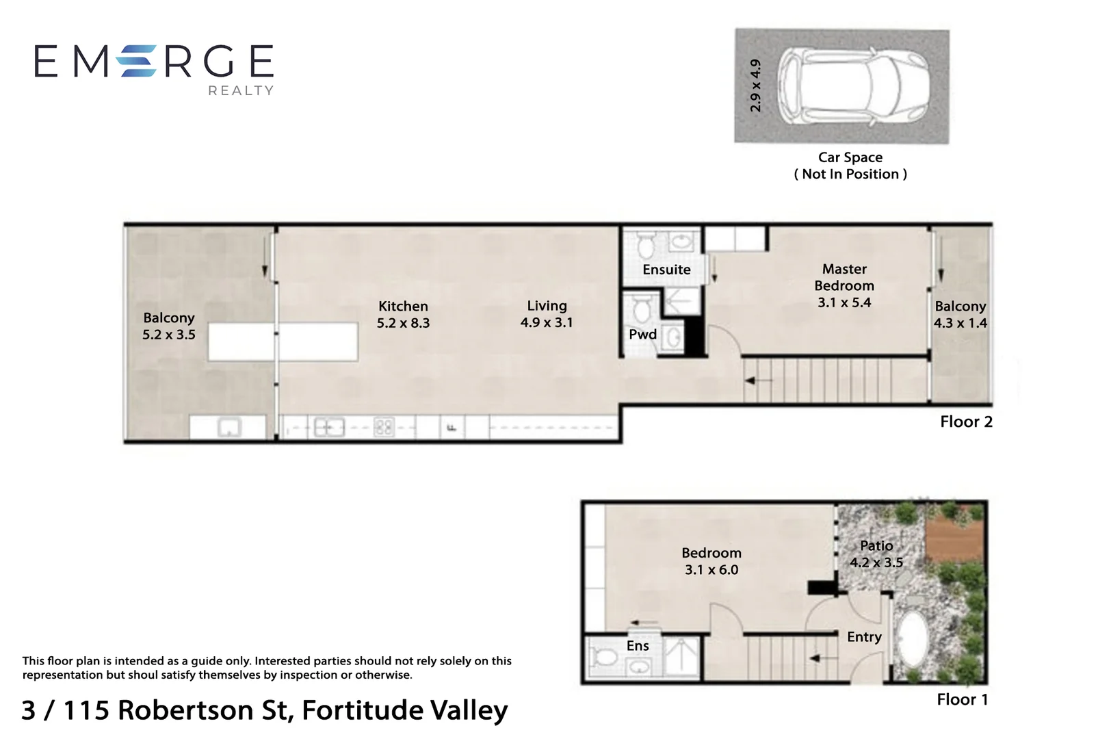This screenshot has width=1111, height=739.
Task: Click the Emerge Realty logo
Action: pyautogui.click(x=154, y=67)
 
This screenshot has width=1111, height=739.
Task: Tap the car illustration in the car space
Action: pyautogui.click(x=856, y=86)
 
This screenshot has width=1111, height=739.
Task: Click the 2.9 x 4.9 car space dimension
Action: pyautogui.click(x=755, y=86)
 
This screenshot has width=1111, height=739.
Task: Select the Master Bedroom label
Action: pyautogui.click(x=844, y=285)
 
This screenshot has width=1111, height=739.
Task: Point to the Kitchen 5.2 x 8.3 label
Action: pyautogui.click(x=403, y=315)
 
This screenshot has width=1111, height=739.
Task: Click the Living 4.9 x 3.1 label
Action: pyautogui.click(x=547, y=314)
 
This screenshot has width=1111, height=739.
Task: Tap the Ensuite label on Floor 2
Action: pyautogui.click(x=666, y=270)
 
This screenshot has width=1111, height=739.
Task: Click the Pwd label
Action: pyautogui.click(x=642, y=335)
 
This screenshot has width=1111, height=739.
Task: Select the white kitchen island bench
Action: pyautogui.click(x=283, y=341)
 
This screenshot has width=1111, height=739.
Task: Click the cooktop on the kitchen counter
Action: pyautogui.click(x=384, y=428)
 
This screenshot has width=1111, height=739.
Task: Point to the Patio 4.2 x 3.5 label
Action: pyautogui.click(x=876, y=554)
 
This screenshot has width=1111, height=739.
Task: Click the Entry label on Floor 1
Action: pyautogui.click(x=864, y=637)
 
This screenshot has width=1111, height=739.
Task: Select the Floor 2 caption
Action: pyautogui.click(x=966, y=422)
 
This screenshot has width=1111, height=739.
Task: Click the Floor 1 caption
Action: pyautogui.click(x=962, y=699)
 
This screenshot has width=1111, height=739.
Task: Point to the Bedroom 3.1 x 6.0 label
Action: pyautogui.click(x=711, y=561)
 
